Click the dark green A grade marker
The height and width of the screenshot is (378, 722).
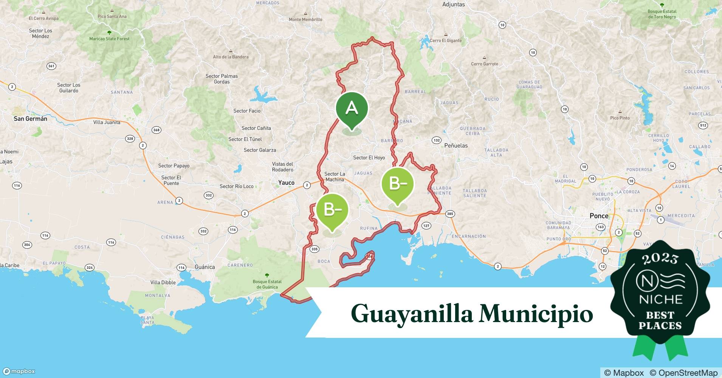tap(352, 109)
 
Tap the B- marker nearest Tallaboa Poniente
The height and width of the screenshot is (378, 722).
tap(398, 184)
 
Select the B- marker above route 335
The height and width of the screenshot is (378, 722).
tap(332, 210)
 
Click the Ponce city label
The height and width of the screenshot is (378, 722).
tap(599, 216)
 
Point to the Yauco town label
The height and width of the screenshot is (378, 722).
tap(286, 183)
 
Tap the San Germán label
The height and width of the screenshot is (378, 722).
tap(30, 119)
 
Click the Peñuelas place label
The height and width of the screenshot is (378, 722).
tap(456, 146)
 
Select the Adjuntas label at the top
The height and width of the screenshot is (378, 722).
tap(453, 5)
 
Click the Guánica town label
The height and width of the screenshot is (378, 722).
tap(205, 267)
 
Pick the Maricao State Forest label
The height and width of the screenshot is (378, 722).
tap(109, 39)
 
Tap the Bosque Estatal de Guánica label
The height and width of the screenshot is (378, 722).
tap(267, 284)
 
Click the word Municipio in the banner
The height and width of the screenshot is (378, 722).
tap(536, 313)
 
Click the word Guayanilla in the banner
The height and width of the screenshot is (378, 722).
tap(412, 314)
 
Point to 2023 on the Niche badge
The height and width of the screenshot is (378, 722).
tap(660, 259)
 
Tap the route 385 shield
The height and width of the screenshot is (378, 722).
tap(450, 214)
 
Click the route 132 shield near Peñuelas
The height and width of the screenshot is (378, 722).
tap(437, 140)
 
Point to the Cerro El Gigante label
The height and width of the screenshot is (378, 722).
tap(446, 40)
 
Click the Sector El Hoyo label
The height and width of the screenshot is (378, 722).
tap(369, 158)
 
